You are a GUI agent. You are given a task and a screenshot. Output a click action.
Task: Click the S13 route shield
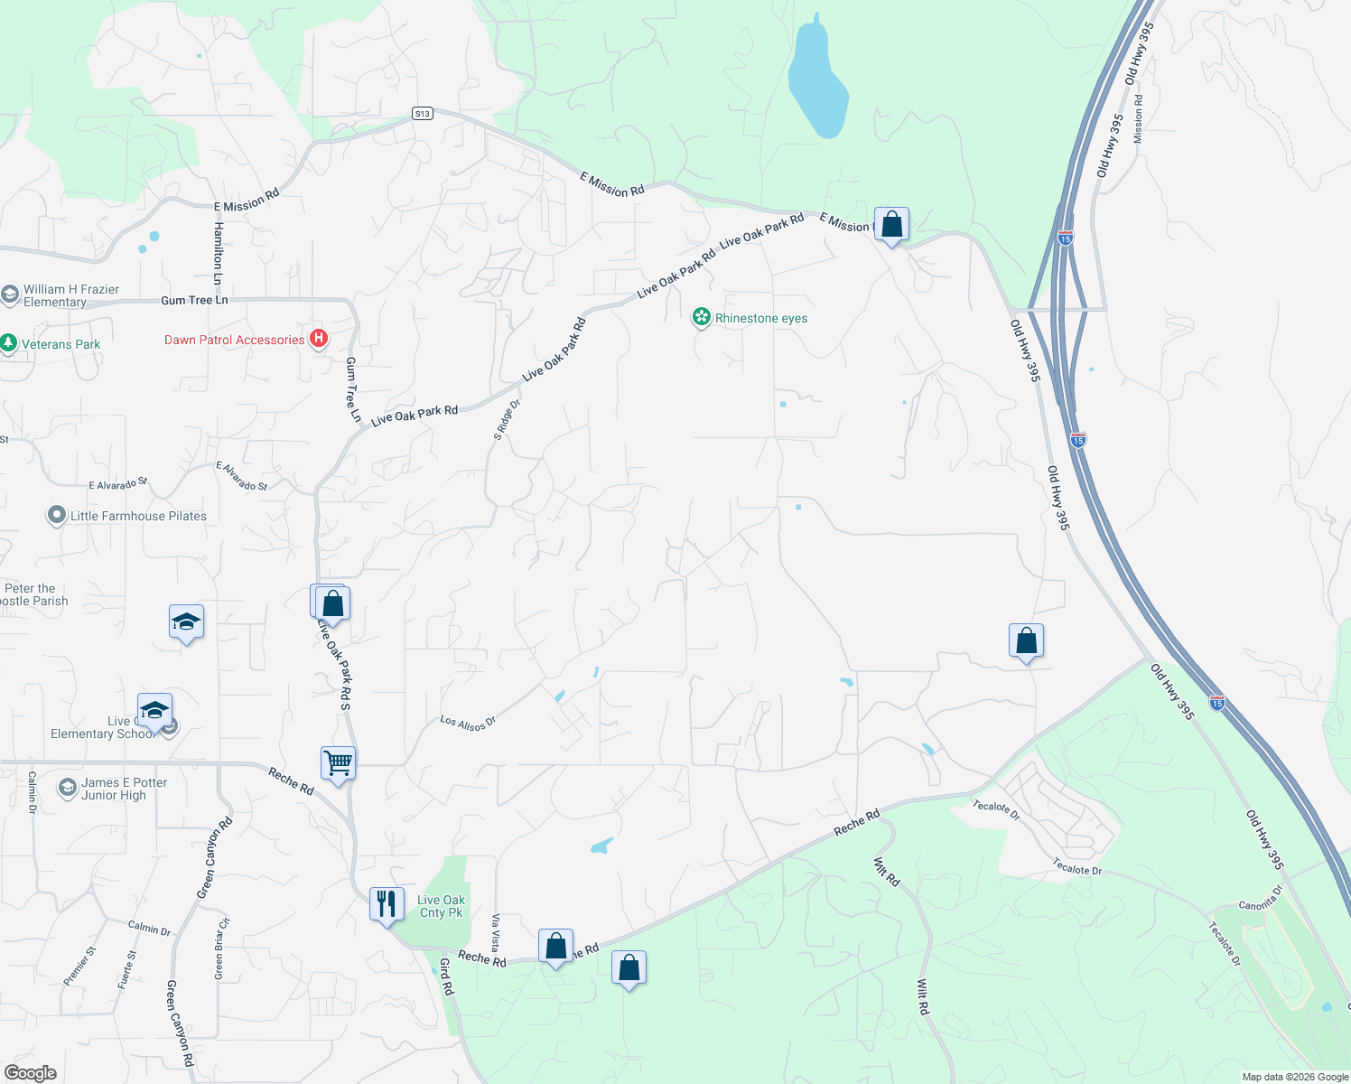(422, 113)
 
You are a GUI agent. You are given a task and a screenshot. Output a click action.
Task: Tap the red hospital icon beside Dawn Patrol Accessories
(318, 339)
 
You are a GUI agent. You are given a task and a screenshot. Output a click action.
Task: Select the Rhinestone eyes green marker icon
(701, 317)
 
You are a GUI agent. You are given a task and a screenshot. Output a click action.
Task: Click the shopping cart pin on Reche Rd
(339, 763)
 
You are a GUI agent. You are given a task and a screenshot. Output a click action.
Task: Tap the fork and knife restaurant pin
(387, 903)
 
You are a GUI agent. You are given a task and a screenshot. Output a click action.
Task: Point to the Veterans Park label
(61, 344)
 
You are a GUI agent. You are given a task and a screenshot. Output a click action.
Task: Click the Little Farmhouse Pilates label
(138, 516)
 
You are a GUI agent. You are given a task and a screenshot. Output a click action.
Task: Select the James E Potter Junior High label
(124, 789)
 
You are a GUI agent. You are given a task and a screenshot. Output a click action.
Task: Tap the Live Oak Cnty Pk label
(441, 906)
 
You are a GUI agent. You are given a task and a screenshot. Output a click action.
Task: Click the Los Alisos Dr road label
(468, 723)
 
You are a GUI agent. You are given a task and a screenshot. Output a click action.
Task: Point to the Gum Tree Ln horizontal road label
(194, 300)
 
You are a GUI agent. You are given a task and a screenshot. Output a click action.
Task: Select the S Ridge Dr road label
(507, 419)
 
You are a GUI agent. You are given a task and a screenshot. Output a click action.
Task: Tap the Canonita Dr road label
(1261, 899)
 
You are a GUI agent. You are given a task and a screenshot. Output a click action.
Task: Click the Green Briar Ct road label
(220, 948)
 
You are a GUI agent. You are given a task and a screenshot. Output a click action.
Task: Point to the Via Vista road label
(494, 933)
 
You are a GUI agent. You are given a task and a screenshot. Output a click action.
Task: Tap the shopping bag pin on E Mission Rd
(891, 224)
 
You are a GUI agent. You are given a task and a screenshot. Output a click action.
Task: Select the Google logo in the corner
(31, 1073)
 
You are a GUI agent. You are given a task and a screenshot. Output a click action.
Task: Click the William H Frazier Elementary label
(70, 295)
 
